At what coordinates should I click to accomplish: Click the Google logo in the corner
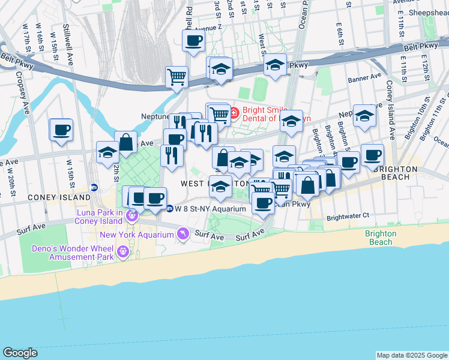coord(20,353)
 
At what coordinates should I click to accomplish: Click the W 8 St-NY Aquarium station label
coord(211,209)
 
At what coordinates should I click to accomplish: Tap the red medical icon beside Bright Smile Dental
coord(233,112)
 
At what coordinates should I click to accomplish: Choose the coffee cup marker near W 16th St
coord(61,130)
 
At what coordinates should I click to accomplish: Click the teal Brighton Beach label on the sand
coord(380,238)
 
